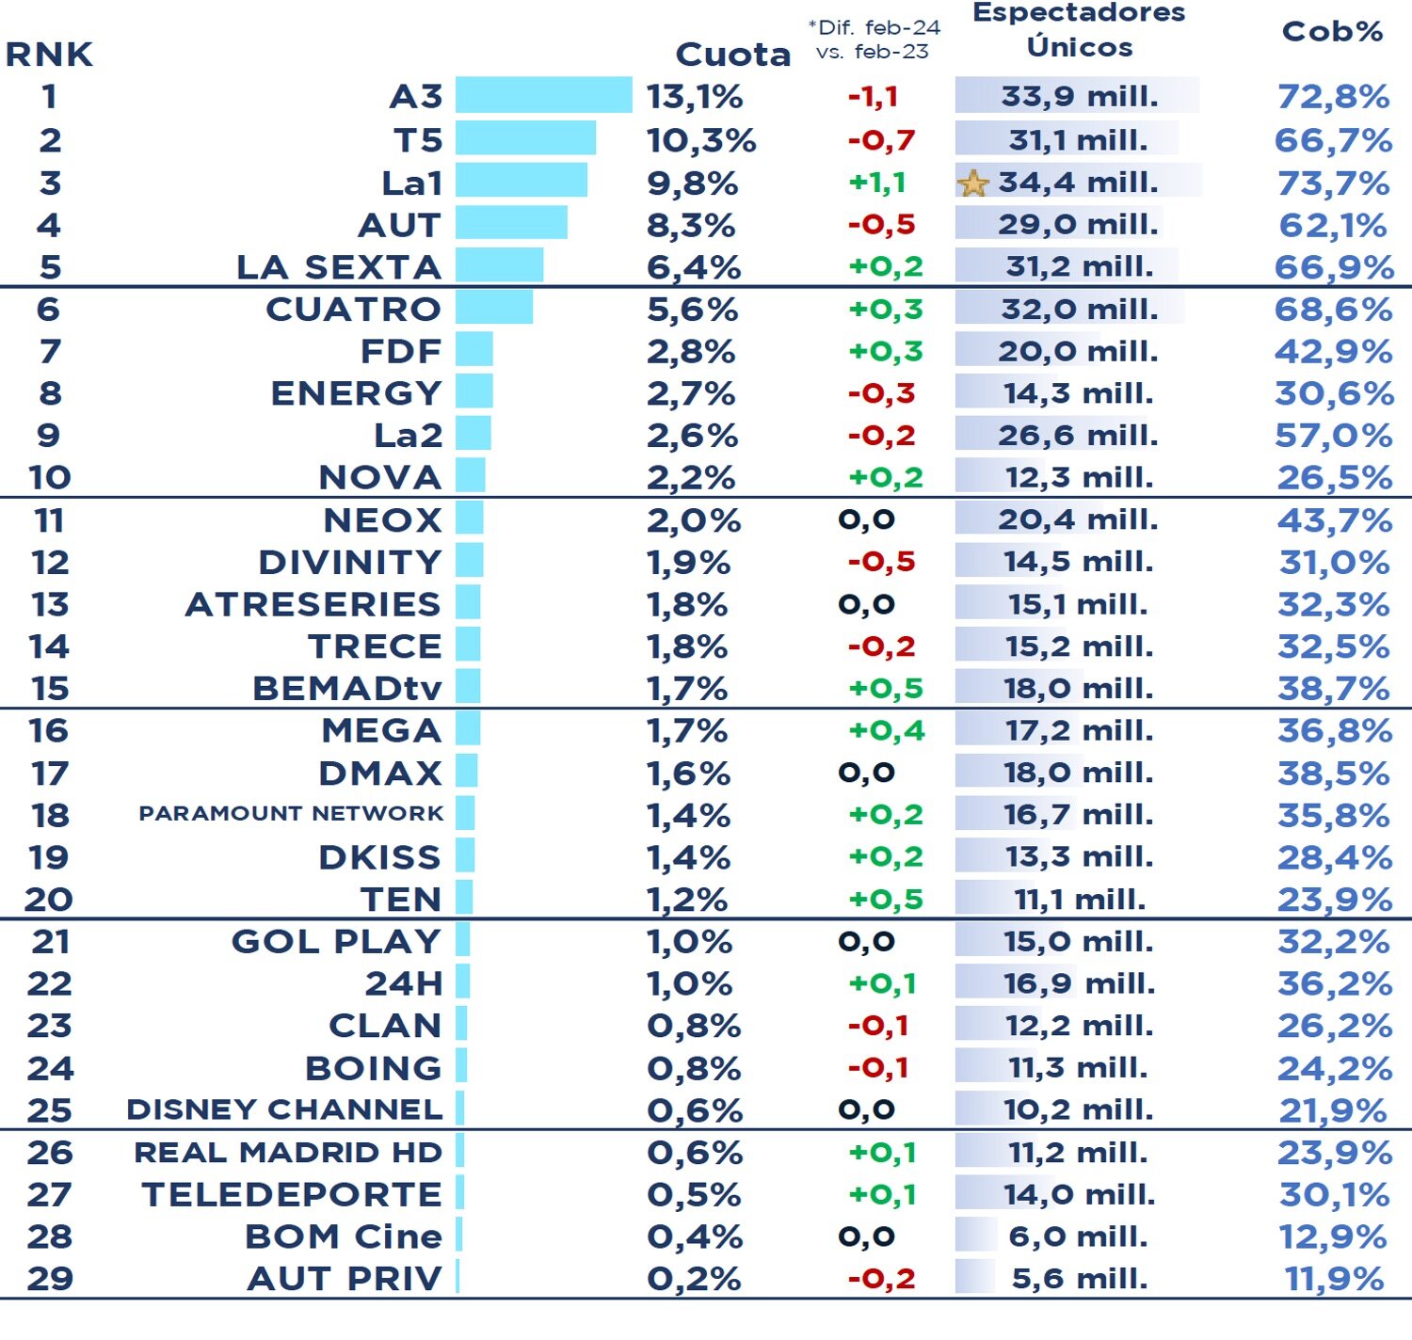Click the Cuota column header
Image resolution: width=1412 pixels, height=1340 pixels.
pos(732,55)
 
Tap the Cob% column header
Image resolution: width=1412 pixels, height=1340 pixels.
pos(1332,32)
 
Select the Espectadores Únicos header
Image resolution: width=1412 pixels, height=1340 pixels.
pos(1079,30)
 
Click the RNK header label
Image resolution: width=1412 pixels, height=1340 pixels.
pos(49,55)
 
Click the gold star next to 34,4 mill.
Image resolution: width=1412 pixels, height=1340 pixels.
pos(973,183)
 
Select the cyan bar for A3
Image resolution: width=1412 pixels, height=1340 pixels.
pos(543,95)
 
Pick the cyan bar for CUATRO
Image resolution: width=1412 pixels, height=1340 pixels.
pos(494,308)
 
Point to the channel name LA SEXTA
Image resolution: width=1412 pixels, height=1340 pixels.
pos(339,267)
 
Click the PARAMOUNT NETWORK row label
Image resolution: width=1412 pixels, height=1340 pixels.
pos(291,813)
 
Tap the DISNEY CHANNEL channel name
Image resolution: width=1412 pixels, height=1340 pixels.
pos(284,1109)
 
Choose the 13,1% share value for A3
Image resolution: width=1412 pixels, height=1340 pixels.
pos(695,97)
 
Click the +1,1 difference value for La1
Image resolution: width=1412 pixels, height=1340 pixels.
pos(876,183)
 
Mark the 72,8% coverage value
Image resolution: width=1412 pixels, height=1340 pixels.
pos(1333,97)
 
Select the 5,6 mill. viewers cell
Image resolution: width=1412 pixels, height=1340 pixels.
pos(1079,1279)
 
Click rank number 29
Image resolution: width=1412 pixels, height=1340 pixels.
pos(50,1279)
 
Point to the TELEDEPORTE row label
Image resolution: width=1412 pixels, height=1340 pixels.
pos(292,1194)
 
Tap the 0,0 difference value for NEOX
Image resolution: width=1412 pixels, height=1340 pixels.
pos(866,519)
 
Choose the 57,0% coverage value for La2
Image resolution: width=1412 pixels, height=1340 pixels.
pos(1333,436)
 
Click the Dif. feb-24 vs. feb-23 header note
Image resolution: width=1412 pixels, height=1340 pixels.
pos(874,40)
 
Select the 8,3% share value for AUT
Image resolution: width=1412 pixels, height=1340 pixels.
pos(691,226)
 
